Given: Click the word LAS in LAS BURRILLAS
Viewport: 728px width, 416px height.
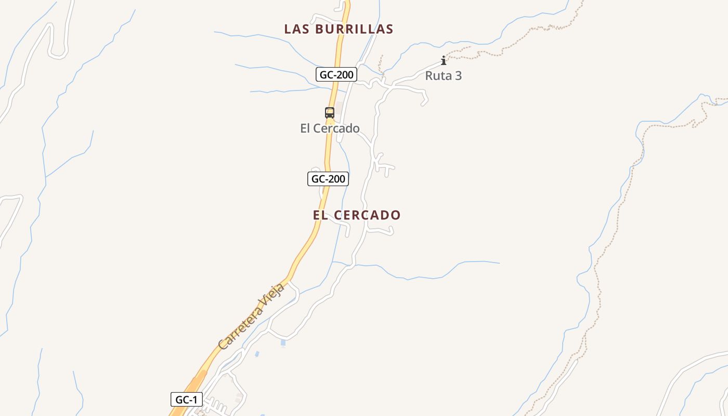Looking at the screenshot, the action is pyautogui.click(x=297, y=29).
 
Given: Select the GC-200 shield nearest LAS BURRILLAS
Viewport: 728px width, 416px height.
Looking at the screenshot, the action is pyautogui.click(x=336, y=75).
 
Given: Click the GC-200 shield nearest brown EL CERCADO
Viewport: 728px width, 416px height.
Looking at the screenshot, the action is pyautogui.click(x=328, y=179).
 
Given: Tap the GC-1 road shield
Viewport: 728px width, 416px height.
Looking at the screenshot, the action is pyautogui.click(x=186, y=400).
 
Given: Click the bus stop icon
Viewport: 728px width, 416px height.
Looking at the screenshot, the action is pyautogui.click(x=329, y=112).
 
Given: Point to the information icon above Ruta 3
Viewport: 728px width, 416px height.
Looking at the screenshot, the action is pyautogui.click(x=443, y=60).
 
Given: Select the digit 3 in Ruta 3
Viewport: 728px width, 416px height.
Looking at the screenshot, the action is pyautogui.click(x=458, y=76).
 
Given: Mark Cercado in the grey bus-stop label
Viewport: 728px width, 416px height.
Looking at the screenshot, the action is pyautogui.click(x=337, y=128).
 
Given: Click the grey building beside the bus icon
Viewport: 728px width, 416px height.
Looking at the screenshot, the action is pyautogui.click(x=339, y=108).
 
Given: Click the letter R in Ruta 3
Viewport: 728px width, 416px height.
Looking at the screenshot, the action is pyautogui.click(x=430, y=76).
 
